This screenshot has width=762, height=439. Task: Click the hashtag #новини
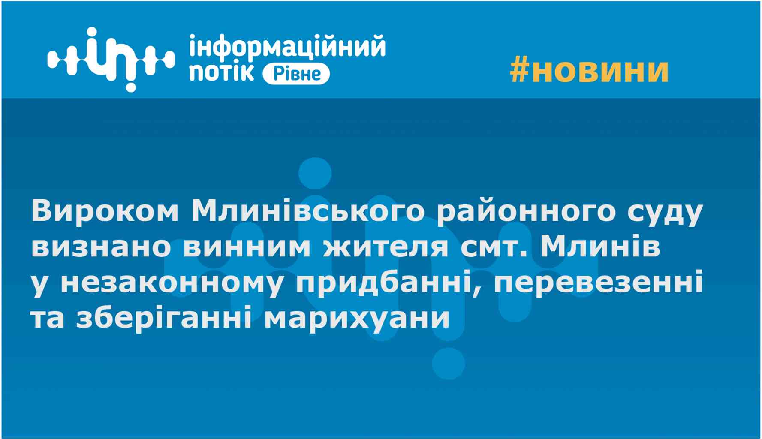tap(590, 70)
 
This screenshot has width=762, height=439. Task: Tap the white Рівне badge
tap(296, 74)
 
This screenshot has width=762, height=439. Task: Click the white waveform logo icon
tap(111, 60)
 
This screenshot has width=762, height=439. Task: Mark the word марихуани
tap(357, 320)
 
